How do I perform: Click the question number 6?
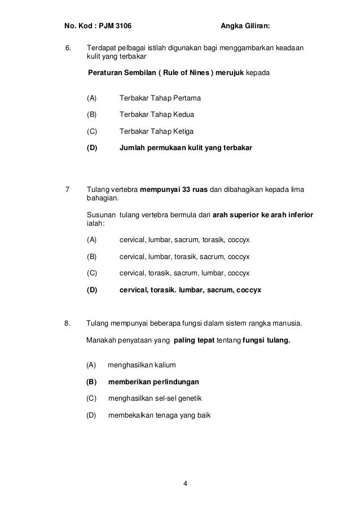coord(69,49)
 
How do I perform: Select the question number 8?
coord(68,323)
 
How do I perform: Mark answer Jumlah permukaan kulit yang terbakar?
coord(186,148)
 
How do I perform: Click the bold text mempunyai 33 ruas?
coord(173,189)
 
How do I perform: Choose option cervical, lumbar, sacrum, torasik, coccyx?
coord(185,240)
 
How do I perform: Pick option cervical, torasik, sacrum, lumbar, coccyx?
coord(185,273)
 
